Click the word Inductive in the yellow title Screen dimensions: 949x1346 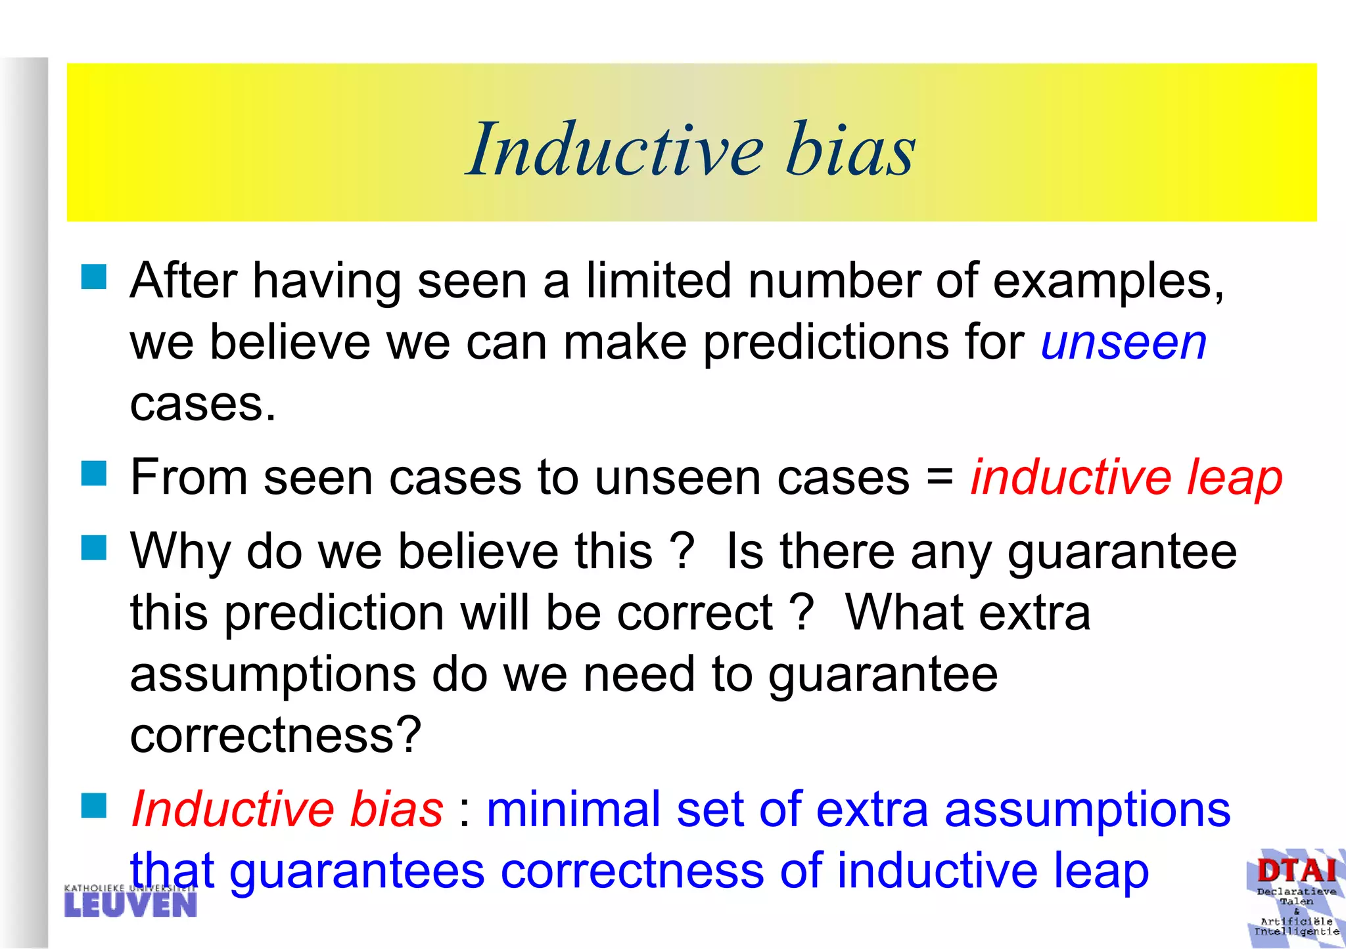615,150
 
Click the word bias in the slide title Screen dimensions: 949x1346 849,150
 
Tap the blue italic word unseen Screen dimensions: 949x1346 1124,343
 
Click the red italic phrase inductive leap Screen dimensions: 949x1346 1126,477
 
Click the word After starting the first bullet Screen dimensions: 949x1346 183,281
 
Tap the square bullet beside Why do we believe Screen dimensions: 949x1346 94,547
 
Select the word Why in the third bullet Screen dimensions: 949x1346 180,552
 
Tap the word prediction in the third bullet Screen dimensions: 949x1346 334,613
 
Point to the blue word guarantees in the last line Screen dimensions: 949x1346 356,871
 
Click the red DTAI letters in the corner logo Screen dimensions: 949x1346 1296,871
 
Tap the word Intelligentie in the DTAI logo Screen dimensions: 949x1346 1296,931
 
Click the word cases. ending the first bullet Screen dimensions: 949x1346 202,405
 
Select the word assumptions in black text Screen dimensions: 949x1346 273,675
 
